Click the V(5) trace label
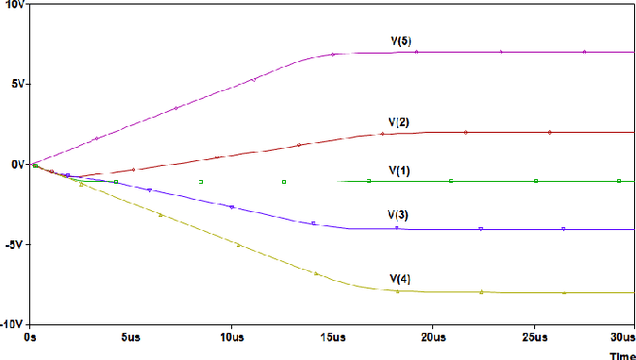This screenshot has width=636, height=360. click(x=400, y=41)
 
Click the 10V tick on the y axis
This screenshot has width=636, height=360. click(x=13, y=4)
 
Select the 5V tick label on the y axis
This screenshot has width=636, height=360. click(x=15, y=84)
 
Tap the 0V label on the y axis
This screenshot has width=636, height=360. click(x=15, y=164)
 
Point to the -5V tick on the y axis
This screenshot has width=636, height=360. click(x=13, y=245)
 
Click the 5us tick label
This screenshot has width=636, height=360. click(x=130, y=338)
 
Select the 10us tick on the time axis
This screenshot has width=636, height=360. click(x=231, y=338)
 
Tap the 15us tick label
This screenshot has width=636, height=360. click(x=332, y=338)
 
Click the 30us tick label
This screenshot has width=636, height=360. click(x=623, y=338)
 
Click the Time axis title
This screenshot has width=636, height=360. click(x=621, y=353)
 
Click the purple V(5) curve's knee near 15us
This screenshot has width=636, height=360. click(x=334, y=53)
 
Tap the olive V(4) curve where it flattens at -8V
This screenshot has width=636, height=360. click(x=397, y=291)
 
